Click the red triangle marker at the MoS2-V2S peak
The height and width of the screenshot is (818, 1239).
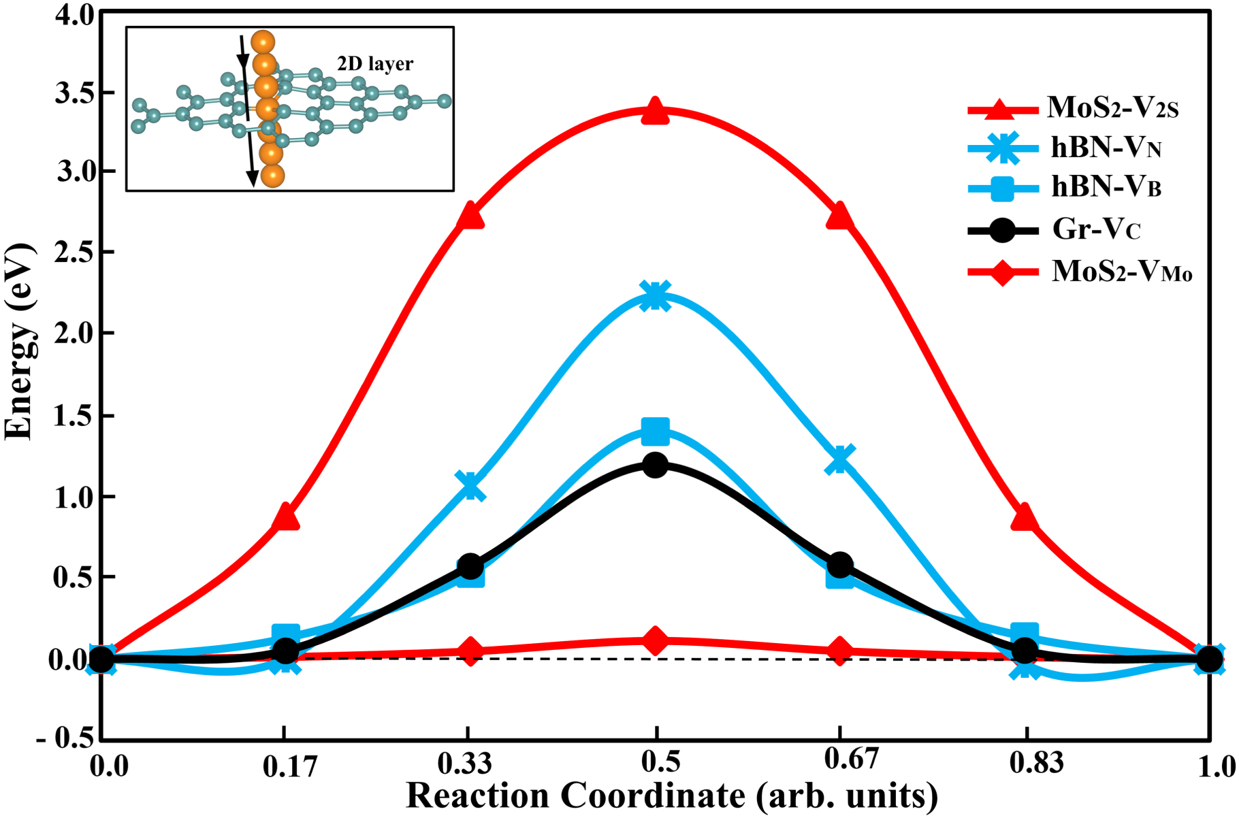coord(655,111)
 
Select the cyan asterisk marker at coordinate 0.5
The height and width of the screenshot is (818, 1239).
coord(655,296)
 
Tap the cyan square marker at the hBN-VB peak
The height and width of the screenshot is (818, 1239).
coord(655,431)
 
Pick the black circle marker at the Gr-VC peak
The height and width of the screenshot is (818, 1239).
coord(655,465)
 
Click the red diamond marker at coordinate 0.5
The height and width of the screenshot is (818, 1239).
coord(655,640)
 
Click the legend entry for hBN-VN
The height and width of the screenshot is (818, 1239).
coord(1105,148)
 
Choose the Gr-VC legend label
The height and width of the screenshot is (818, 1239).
coord(1095,229)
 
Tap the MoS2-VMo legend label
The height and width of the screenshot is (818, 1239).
coord(1121,272)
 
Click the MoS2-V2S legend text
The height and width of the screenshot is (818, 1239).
coord(1112,108)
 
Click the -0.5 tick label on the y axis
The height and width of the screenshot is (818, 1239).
coord(65,738)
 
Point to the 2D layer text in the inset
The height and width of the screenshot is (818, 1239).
coord(375,64)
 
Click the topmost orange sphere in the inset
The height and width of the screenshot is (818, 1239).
coord(263,42)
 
